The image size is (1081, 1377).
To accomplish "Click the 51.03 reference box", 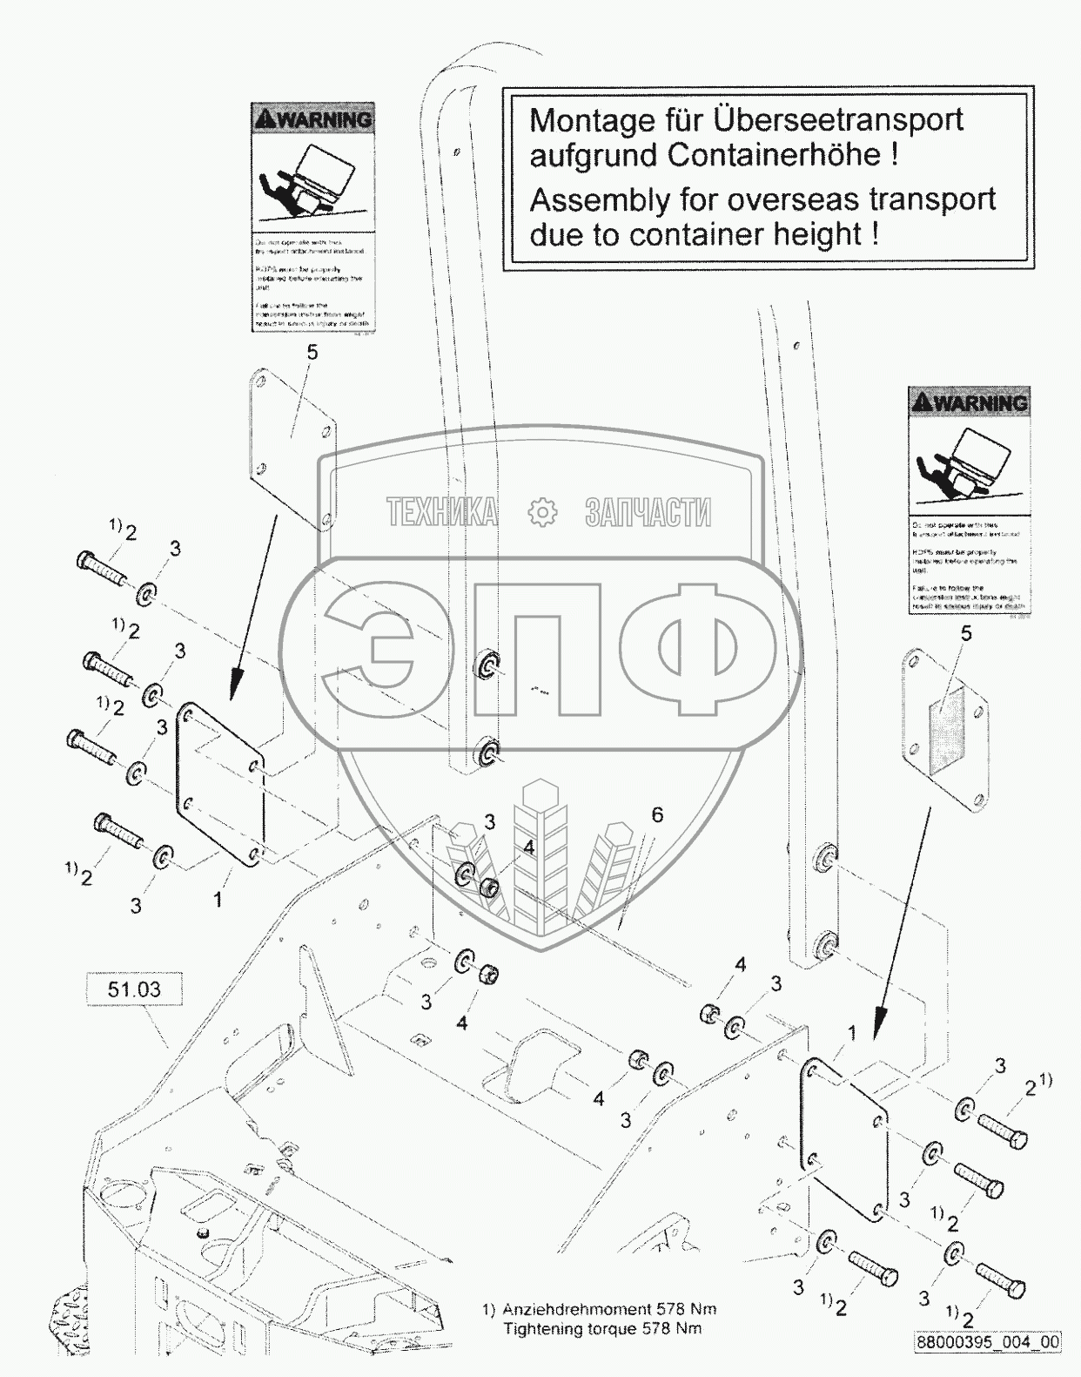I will pyautogui.click(x=134, y=990).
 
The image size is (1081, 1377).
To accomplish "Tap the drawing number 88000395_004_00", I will pyautogui.click(x=987, y=1342).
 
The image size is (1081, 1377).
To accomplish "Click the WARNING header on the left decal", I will pyautogui.click(x=312, y=119).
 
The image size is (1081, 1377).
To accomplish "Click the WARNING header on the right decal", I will pyautogui.click(x=969, y=402).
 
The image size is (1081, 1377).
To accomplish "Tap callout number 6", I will pyautogui.click(x=657, y=814).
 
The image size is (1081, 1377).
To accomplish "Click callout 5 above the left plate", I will pyautogui.click(x=312, y=352).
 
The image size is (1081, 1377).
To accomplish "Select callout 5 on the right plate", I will pyautogui.click(x=966, y=633).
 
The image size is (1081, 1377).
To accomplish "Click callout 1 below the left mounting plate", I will pyautogui.click(x=218, y=898).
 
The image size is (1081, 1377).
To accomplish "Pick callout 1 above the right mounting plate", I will pyautogui.click(x=852, y=1033).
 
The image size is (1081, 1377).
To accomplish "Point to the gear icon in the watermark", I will pyautogui.click(x=541, y=512).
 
